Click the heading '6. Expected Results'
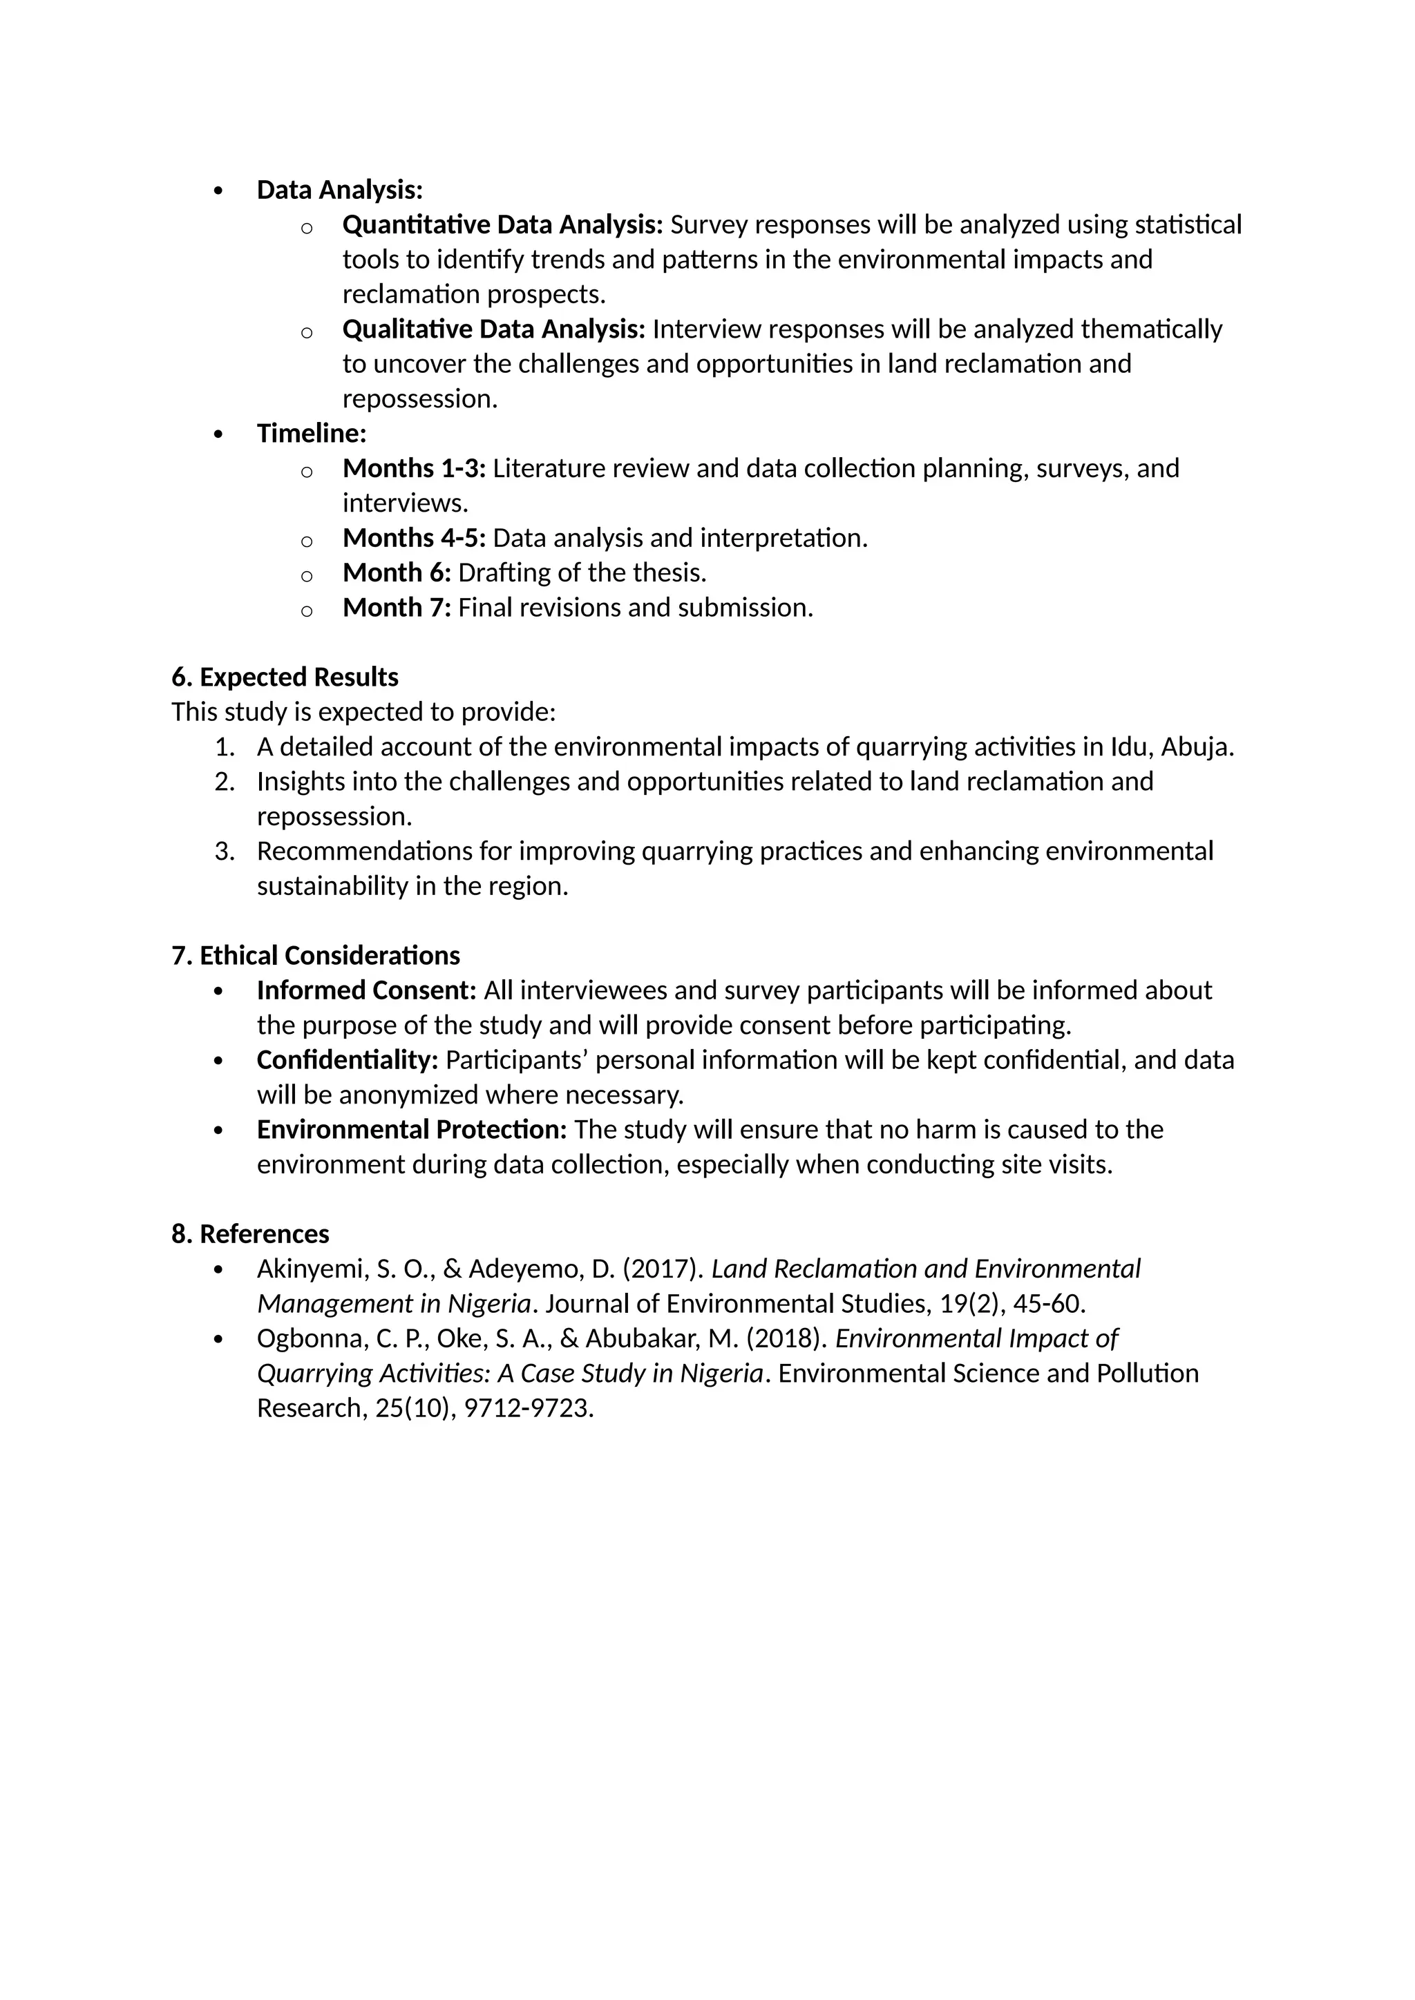pos(285,677)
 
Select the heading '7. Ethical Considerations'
pos(316,956)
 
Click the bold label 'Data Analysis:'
pos(340,190)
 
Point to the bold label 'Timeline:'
pos(311,433)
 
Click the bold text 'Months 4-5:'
pos(414,537)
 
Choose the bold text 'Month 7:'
pos(397,607)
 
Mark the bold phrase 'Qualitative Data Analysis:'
pos(494,329)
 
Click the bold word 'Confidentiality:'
pos(348,1060)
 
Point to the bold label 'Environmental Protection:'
pos(412,1130)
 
